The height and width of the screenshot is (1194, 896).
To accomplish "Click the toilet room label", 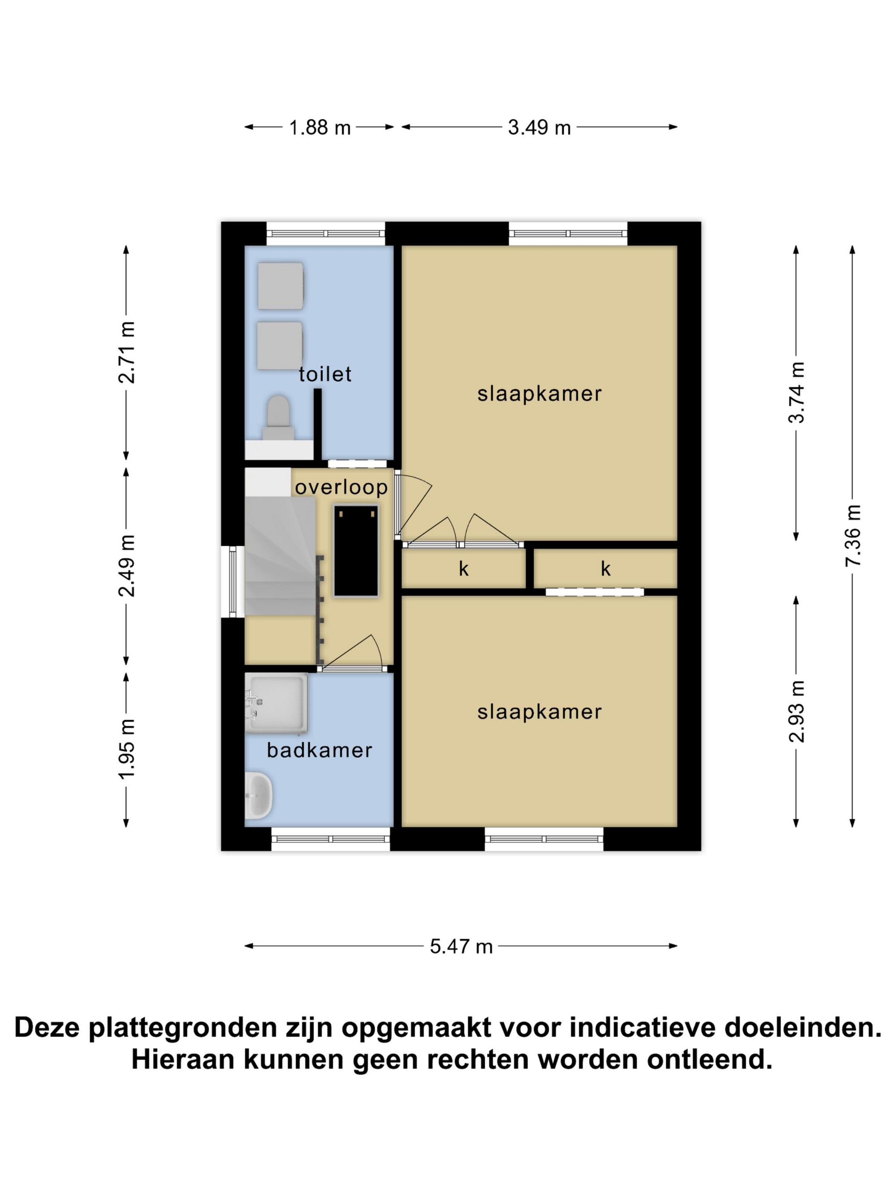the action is click(325, 374).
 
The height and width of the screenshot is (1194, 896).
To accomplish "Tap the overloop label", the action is click(341, 487).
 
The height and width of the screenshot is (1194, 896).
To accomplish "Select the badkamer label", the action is click(319, 750).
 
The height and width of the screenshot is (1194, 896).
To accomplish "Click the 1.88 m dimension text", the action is click(320, 128).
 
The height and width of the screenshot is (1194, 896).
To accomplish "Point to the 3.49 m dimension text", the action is click(539, 128).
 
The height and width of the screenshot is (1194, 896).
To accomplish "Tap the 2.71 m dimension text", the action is click(127, 352).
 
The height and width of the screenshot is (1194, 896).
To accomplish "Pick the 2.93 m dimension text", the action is click(797, 711).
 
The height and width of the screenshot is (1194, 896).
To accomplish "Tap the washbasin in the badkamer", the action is click(258, 794).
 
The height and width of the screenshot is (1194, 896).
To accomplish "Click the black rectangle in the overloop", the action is click(355, 551).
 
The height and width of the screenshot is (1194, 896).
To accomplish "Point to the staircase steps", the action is click(280, 556).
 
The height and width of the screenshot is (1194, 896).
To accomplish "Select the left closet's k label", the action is click(463, 568).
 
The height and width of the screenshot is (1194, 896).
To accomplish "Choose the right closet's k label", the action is click(605, 568).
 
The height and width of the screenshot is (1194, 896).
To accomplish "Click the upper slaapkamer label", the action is click(539, 394).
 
